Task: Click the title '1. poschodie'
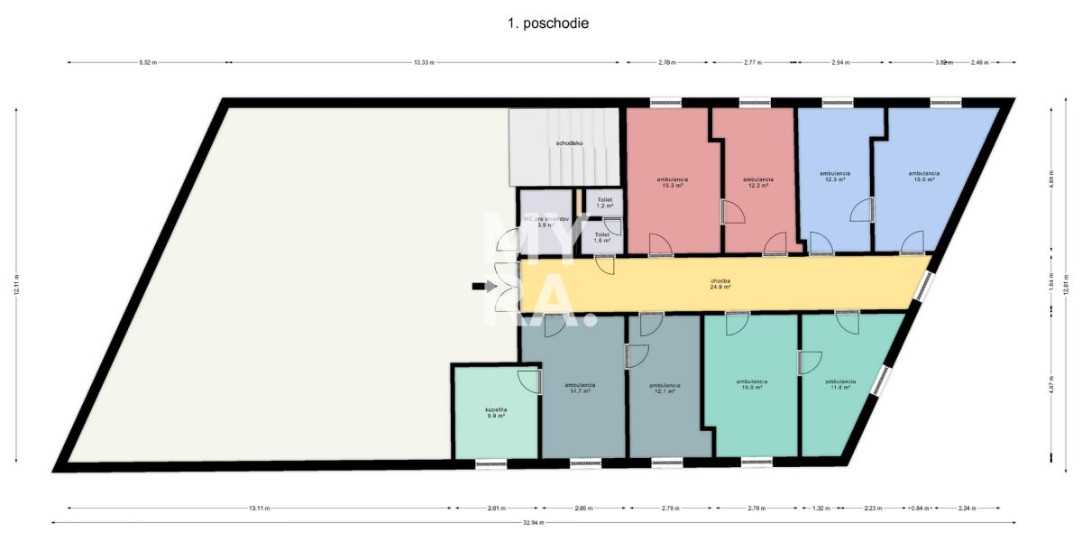point(547,23)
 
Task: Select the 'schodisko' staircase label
point(568,143)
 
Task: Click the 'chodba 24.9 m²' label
point(720,284)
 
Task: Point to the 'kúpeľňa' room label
point(497,413)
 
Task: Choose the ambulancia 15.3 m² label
point(670,182)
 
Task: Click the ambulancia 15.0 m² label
point(923,176)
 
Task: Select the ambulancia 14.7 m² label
point(580,388)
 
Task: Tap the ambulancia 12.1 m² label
point(664,388)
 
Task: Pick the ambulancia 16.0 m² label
point(751,384)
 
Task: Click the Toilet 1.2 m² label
point(604,203)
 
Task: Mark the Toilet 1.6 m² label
point(601,237)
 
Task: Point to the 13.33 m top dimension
point(424,62)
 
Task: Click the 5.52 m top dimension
point(147,62)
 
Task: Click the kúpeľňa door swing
point(529,381)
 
